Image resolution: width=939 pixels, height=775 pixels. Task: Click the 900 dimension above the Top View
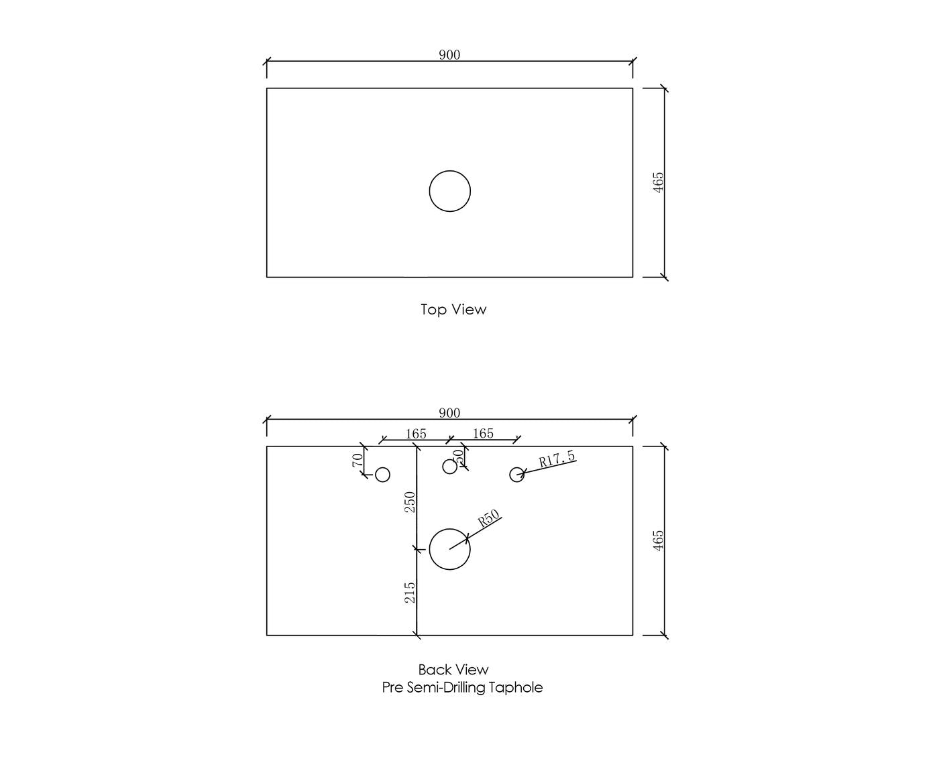point(449,55)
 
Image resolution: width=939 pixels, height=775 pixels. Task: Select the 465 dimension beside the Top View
point(657,182)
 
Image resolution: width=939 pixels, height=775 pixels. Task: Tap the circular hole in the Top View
point(449,171)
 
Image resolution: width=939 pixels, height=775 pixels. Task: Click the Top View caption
point(453,309)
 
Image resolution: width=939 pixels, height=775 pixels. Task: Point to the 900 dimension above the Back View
point(449,413)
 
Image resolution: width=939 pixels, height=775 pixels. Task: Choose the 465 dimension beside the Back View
point(657,540)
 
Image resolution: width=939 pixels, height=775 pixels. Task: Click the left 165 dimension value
point(416,434)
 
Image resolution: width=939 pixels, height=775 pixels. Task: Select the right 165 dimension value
point(483,433)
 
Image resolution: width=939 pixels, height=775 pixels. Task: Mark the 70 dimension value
point(357,460)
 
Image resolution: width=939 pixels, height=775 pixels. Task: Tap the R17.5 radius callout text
point(557,459)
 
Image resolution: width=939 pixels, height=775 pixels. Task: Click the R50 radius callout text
point(488,518)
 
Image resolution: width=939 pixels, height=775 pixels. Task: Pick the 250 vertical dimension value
point(410,502)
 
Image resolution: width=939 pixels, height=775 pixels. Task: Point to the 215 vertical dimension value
point(410,593)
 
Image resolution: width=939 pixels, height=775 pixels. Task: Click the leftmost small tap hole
point(382,467)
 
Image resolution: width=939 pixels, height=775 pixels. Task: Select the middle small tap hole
point(449,459)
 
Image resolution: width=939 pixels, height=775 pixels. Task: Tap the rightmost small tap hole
point(516,467)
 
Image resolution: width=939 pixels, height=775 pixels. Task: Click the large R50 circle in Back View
point(449,529)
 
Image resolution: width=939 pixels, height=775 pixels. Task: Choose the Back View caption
point(453,670)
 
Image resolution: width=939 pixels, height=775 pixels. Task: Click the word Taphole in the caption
point(515,688)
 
